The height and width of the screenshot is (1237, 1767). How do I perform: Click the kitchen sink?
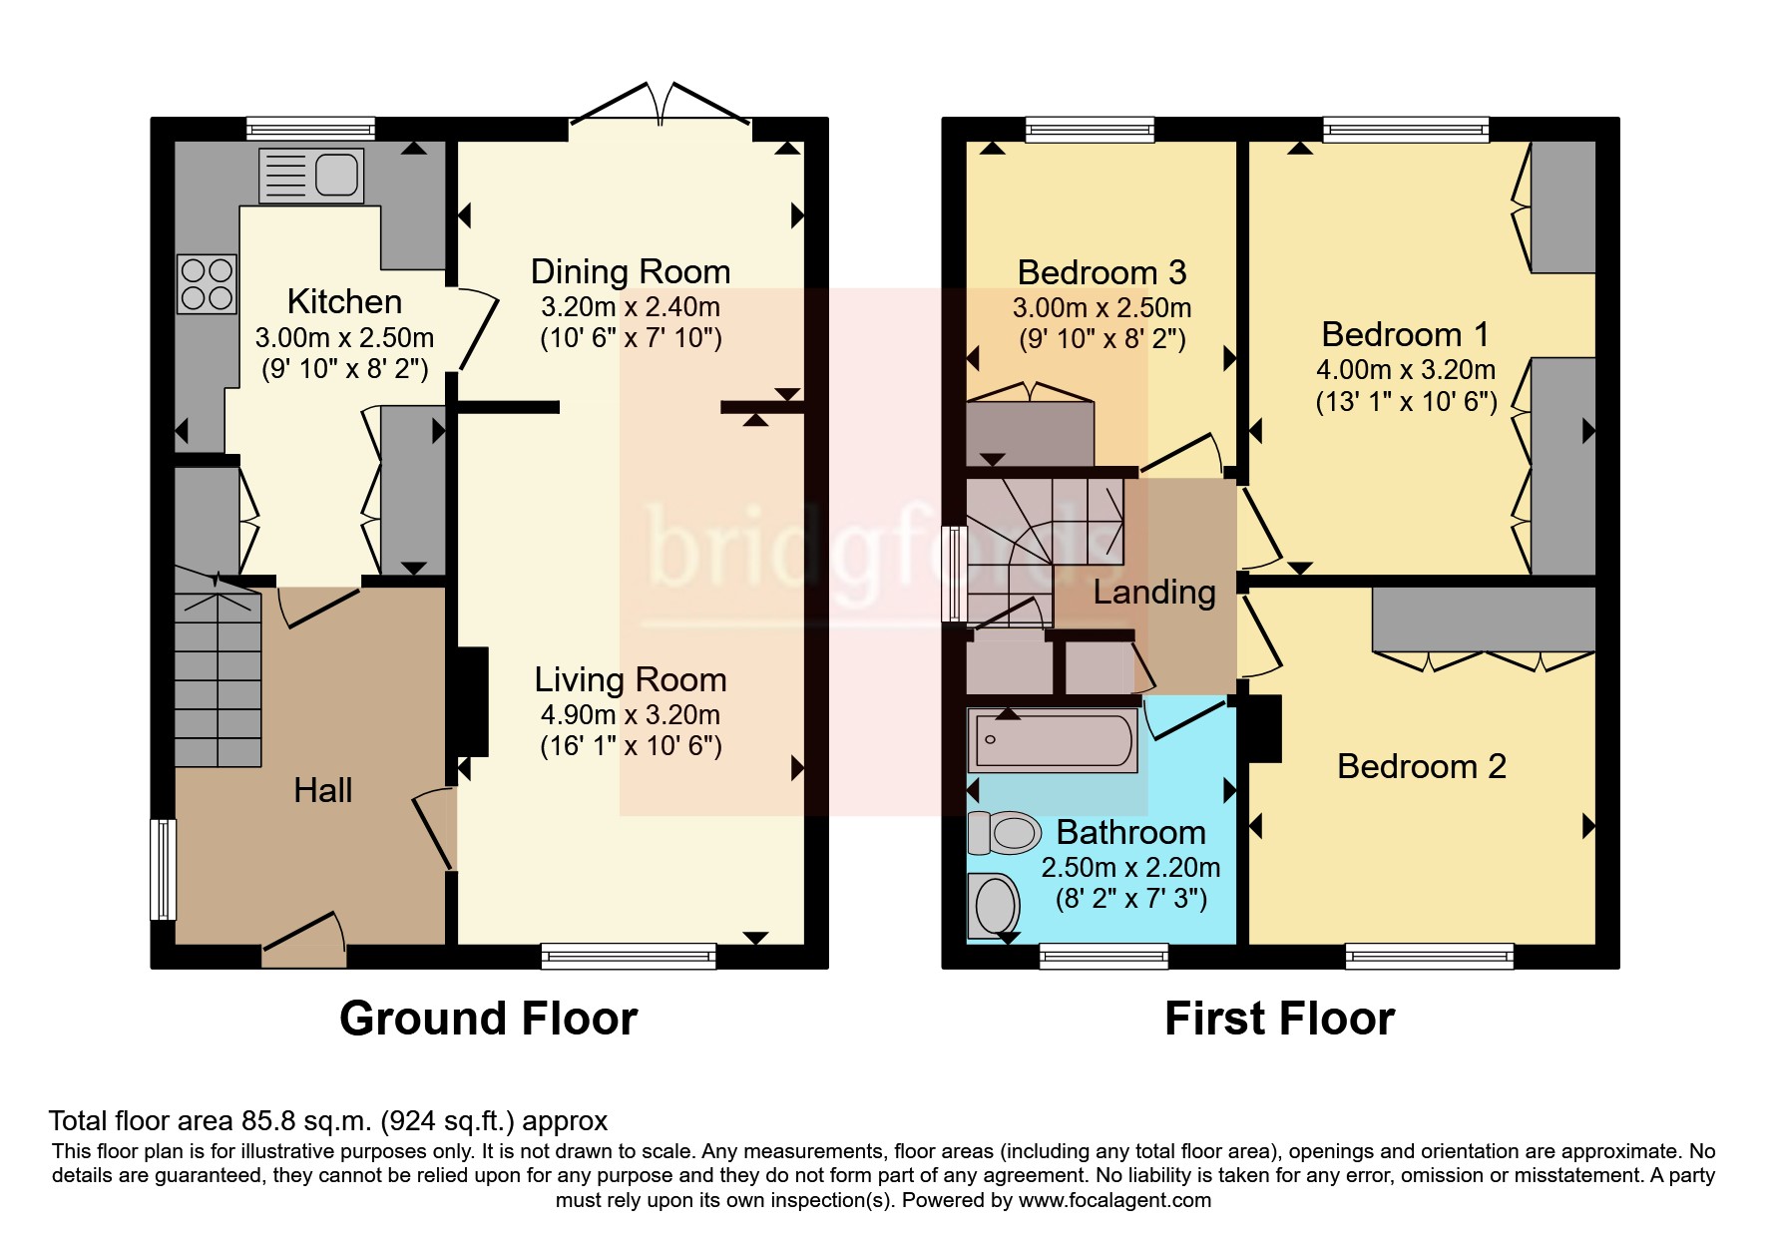tap(310, 176)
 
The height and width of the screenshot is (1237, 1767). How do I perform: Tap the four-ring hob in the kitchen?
tap(207, 283)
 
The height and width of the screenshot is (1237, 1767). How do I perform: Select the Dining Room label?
tap(630, 271)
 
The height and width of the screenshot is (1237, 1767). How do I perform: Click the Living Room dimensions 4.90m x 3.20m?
tap(630, 714)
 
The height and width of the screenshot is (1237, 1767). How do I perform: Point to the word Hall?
tap(322, 790)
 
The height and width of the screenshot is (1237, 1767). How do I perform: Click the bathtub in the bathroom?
tap(1053, 741)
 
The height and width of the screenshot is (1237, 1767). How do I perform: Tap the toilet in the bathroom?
tap(1004, 833)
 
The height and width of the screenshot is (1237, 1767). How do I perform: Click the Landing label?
tap(1154, 592)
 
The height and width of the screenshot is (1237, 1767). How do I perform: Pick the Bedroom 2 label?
tap(1421, 766)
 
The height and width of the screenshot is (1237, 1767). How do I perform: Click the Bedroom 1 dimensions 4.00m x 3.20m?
tap(1405, 370)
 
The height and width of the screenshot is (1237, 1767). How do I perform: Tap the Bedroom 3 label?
tap(1102, 271)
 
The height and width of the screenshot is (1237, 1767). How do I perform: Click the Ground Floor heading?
tap(488, 1019)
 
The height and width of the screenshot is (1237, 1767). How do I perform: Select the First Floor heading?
tap(1279, 1019)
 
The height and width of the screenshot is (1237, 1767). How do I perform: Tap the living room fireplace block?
tap(472, 701)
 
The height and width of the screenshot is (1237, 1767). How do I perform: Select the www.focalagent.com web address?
tap(1115, 1200)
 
